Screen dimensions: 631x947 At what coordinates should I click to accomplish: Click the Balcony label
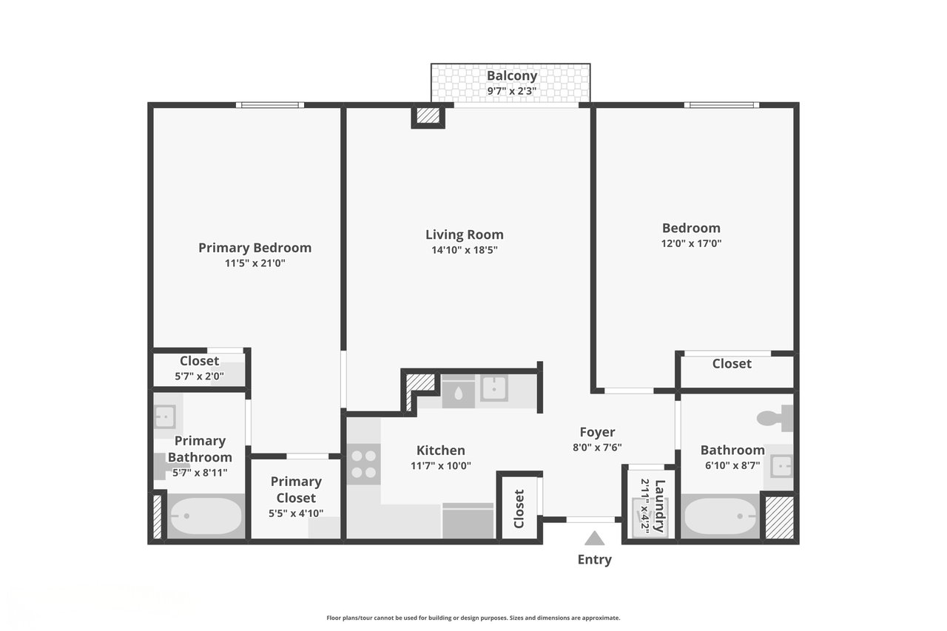coord(511,75)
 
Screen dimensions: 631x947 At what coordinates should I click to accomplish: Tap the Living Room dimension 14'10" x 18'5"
coord(464,250)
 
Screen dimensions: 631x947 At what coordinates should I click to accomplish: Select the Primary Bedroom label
coord(255,248)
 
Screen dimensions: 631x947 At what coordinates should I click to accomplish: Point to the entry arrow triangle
coord(594,539)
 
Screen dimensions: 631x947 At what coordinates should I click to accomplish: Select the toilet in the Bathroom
coord(775,419)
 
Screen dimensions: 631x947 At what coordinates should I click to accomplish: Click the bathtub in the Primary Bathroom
coord(205,516)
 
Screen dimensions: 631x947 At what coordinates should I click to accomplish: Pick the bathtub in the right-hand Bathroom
coord(720,516)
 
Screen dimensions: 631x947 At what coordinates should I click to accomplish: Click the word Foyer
coord(597,432)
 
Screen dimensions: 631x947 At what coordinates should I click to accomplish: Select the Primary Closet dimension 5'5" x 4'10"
coord(296,513)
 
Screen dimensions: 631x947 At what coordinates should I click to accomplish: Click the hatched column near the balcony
coord(428,115)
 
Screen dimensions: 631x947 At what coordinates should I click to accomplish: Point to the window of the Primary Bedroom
coord(270,105)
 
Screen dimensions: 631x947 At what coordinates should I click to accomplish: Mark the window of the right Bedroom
coord(721,105)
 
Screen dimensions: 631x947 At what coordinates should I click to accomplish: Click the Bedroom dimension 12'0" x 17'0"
coord(691,243)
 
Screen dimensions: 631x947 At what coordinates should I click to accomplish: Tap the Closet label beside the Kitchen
coord(519,509)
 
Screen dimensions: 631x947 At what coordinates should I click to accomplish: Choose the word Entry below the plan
coord(594,560)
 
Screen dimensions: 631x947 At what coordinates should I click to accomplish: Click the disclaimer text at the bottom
coord(473,618)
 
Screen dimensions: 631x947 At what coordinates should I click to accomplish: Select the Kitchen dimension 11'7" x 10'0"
coord(440,466)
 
